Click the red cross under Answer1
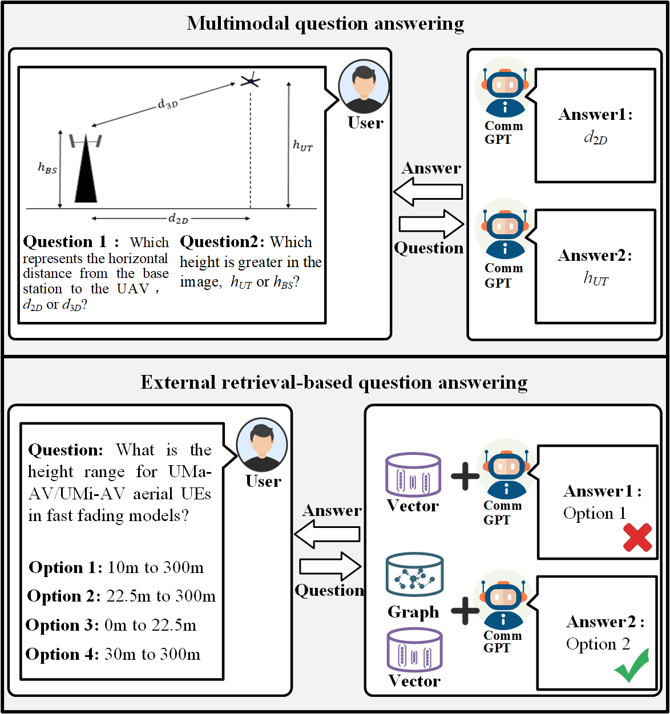(637, 538)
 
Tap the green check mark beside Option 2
(632, 665)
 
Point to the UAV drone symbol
(250, 81)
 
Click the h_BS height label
(47, 168)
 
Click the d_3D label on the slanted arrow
(168, 104)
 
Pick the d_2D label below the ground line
(178, 219)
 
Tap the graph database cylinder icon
(414, 575)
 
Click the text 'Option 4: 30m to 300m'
(113, 654)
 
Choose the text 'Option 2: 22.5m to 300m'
(122, 596)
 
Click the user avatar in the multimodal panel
(364, 87)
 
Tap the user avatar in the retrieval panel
(262, 446)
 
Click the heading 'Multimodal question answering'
(325, 24)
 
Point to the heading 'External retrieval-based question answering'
(334, 382)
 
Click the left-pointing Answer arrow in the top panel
(428, 192)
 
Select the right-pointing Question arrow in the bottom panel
(330, 566)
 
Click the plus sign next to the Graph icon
(465, 611)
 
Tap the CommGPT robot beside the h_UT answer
(504, 234)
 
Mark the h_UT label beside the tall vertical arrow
(302, 146)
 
